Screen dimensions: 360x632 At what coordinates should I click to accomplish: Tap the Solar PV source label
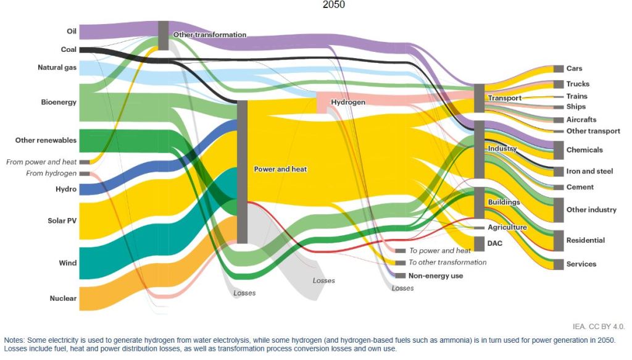tap(62, 220)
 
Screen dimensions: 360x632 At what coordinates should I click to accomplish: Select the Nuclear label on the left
tap(63, 298)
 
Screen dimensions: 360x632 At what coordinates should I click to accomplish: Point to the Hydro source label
tap(66, 189)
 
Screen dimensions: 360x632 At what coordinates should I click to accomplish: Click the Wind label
tap(68, 263)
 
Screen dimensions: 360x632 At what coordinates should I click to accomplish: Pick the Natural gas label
tap(57, 67)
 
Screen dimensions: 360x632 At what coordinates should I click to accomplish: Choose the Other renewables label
tap(46, 140)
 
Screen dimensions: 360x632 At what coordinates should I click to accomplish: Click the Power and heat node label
tap(280, 169)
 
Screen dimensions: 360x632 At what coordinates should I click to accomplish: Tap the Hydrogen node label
tap(348, 102)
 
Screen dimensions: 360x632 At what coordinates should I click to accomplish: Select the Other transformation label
tap(210, 35)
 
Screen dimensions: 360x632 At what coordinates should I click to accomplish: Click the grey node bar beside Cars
tap(559, 69)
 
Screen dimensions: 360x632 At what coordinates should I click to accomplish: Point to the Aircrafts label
tap(581, 119)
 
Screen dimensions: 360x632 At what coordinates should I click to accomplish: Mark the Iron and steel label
tap(589, 171)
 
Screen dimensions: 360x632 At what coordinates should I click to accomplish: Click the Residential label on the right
tap(586, 240)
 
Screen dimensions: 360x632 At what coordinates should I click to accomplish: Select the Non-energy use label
tap(436, 276)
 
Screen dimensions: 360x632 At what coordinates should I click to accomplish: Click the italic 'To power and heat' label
tap(440, 251)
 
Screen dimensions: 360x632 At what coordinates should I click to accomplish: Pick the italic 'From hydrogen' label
tap(51, 174)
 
